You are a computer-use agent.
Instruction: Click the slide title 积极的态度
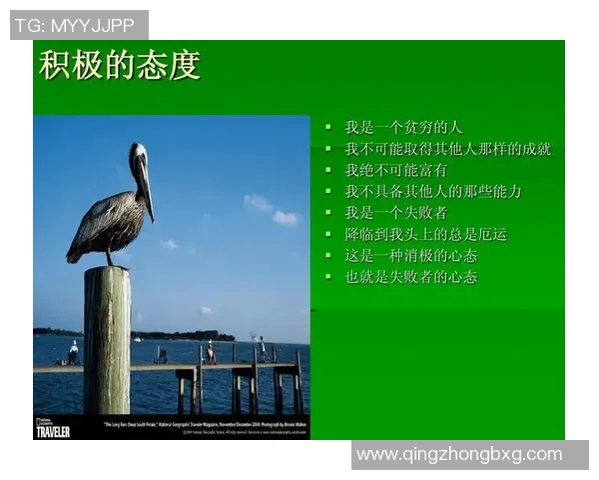click(x=120, y=65)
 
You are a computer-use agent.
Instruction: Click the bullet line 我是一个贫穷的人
click(x=403, y=127)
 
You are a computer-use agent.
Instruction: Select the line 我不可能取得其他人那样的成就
click(x=448, y=149)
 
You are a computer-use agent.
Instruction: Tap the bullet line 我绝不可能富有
click(x=396, y=170)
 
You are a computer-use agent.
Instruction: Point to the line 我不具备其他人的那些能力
click(x=433, y=191)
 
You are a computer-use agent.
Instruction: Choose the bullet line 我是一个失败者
click(x=396, y=212)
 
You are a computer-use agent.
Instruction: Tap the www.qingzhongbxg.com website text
click(x=460, y=455)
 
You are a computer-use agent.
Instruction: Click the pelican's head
click(x=138, y=154)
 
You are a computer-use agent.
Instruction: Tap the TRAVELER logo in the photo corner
click(x=53, y=430)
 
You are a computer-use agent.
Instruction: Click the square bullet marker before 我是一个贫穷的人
click(x=328, y=127)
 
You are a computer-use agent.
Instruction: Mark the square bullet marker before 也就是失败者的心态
click(x=328, y=276)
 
